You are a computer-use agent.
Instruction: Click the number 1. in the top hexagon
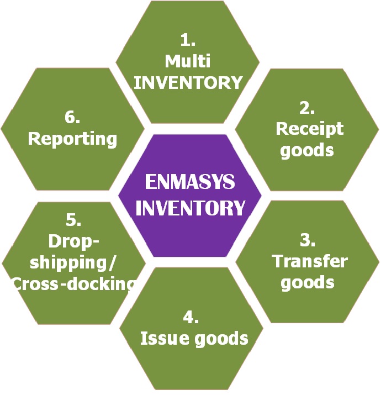[188, 40]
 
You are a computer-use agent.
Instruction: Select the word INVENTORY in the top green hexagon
[188, 82]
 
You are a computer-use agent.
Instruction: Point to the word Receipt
[309, 129]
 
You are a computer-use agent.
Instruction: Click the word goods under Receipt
[307, 150]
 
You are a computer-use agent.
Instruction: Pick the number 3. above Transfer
[308, 240]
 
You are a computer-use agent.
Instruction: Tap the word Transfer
[310, 261]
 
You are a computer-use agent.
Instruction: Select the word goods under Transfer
[308, 282]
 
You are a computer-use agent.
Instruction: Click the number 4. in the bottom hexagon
[191, 317]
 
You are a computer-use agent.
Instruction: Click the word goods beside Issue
[220, 338]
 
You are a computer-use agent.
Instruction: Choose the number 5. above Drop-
[73, 220]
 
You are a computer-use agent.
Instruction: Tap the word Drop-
[73, 241]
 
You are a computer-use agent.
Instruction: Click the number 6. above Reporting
[72, 117]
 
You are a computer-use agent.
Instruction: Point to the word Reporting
[72, 138]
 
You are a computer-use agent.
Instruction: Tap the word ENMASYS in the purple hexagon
[189, 182]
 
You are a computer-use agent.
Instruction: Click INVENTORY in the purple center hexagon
[190, 208]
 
